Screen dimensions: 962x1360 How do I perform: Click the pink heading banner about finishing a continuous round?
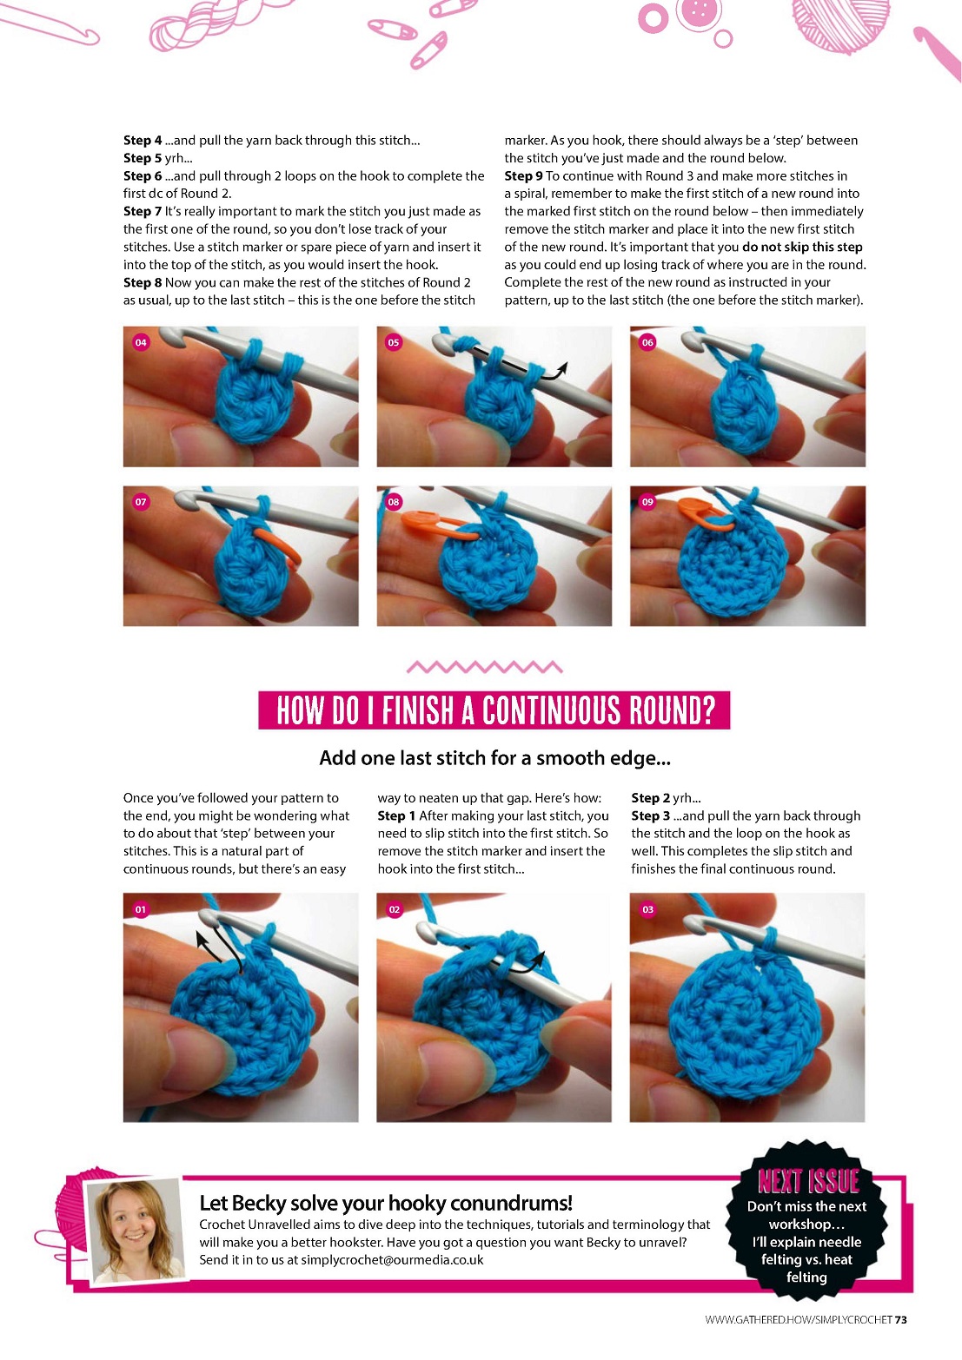494,710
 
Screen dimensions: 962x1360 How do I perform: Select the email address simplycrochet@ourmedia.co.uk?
392,1260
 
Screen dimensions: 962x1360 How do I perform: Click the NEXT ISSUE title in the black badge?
807,1181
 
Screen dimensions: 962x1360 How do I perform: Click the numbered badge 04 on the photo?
141,342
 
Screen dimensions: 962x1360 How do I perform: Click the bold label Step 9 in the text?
523,176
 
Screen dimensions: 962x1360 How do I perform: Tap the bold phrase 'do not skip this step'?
802,248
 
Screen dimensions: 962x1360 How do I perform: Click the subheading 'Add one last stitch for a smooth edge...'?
494,757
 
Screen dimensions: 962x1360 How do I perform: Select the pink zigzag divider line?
484,667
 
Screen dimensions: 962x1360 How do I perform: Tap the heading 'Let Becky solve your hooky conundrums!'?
386,1203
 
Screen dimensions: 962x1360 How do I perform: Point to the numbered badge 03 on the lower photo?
647,909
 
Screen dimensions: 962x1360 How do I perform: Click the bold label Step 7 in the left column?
143,211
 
